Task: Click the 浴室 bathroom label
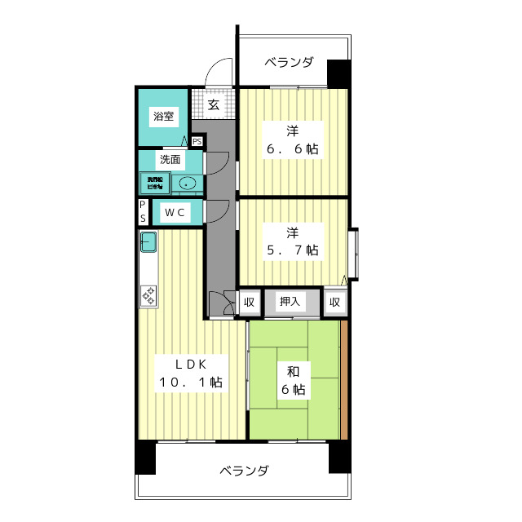click(164, 116)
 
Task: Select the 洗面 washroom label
click(170, 159)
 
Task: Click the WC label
click(176, 213)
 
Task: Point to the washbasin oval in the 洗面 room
click(188, 183)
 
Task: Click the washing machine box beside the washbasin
click(154, 183)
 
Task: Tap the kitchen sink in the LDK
click(148, 242)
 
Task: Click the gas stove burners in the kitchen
click(148, 295)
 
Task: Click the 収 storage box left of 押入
click(249, 302)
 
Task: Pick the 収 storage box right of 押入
click(334, 302)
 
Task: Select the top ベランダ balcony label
click(289, 61)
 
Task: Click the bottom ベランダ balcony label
click(244, 471)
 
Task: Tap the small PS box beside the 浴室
click(197, 140)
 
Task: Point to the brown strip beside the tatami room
click(344, 381)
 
